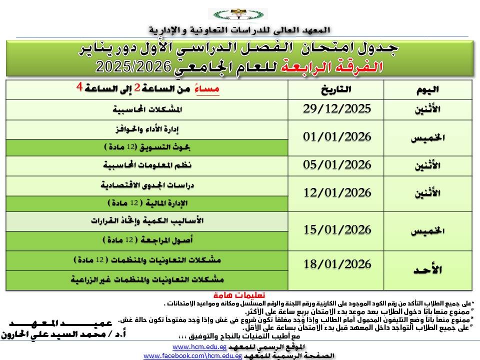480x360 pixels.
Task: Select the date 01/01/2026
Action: click(337, 137)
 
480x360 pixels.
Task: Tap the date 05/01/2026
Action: click(337, 165)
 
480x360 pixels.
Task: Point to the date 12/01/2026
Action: click(337, 193)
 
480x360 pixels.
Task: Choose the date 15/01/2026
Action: click(337, 230)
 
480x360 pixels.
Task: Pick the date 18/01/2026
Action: click(337, 264)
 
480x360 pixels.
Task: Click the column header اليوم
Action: click(427, 90)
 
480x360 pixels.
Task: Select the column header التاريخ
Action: click(335, 90)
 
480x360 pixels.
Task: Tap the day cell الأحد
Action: click(427, 270)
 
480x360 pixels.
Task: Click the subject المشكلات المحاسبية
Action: click(147, 109)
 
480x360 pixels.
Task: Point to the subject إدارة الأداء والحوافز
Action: click(147, 129)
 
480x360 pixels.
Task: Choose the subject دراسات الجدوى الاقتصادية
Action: click(147, 184)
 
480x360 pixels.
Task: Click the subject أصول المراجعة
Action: click(147, 240)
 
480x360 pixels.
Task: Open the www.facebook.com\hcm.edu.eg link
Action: click(193, 355)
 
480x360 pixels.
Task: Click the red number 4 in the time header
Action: click(78, 85)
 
